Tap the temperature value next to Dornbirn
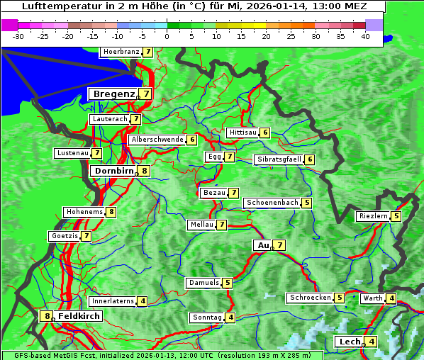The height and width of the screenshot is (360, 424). (144, 171)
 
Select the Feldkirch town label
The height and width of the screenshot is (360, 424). (79, 315)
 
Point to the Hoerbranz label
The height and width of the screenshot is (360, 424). (120, 52)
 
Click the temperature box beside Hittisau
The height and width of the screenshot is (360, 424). (264, 133)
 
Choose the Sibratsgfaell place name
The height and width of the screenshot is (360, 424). (279, 159)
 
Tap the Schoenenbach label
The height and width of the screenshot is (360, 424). (272, 203)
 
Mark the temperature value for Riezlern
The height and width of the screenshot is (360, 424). (396, 216)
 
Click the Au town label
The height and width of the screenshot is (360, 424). (262, 245)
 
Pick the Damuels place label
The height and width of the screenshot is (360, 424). (203, 283)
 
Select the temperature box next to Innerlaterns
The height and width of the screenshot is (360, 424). (143, 301)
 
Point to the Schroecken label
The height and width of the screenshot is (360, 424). (310, 298)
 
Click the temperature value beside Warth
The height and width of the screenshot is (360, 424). (391, 298)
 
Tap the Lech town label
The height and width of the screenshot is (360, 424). (350, 342)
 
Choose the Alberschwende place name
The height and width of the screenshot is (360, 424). (157, 140)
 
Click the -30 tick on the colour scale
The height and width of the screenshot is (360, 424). (18, 36)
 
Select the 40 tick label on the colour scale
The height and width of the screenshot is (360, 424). (364, 36)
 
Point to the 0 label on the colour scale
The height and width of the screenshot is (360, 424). (167, 36)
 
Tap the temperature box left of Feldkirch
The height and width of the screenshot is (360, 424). (48, 316)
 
